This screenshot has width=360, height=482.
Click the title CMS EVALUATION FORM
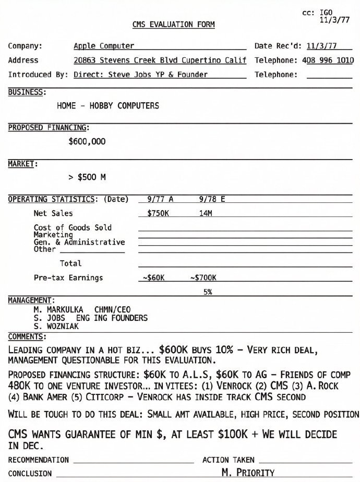tap(174, 25)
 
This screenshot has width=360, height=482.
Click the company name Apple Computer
tap(104, 46)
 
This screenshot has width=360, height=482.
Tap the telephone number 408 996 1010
tap(328, 61)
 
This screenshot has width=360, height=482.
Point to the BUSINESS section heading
tap(26, 92)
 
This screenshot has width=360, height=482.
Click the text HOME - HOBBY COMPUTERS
tap(108, 106)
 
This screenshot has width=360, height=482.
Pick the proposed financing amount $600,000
tap(87, 141)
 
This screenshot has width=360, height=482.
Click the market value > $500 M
tap(87, 177)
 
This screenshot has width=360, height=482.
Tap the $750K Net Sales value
tap(159, 213)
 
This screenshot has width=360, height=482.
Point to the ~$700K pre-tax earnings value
tap(203, 278)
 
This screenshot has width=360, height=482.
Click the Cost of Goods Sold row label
tap(73, 227)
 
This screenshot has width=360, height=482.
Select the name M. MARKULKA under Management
tap(58, 309)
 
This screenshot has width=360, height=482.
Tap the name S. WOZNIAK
tap(56, 326)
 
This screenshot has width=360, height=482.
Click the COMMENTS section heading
tap(27, 337)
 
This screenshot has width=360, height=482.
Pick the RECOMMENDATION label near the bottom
tap(39, 460)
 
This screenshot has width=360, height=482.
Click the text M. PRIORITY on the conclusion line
tap(248, 473)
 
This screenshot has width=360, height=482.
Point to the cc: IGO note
tap(317, 13)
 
